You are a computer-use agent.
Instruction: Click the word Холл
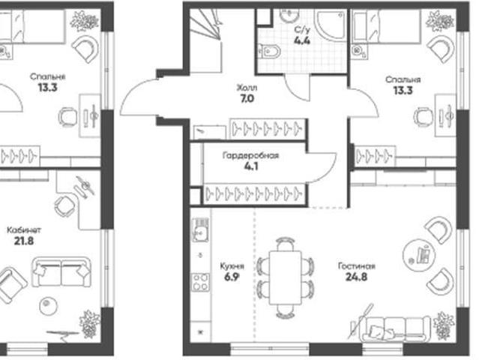tap(247, 88)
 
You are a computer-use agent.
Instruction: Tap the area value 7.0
tap(247, 99)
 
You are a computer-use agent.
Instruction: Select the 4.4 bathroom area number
tap(302, 40)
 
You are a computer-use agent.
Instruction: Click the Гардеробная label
tap(250, 156)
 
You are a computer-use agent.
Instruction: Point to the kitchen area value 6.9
tap(232, 277)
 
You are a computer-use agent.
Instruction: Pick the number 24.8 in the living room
tap(356, 277)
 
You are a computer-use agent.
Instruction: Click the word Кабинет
tap(24, 229)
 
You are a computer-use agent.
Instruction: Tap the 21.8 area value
tap(24, 241)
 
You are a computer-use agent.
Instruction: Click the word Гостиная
tap(357, 266)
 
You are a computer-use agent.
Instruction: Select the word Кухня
tap(232, 266)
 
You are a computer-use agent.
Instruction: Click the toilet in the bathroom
tap(269, 52)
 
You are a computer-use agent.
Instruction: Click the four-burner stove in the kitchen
tap(201, 282)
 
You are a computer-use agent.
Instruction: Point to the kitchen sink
tap(200, 229)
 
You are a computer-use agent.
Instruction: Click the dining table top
tap(286, 277)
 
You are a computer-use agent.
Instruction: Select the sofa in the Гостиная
tap(397, 329)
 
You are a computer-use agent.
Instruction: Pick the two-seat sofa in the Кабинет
tap(61, 272)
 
